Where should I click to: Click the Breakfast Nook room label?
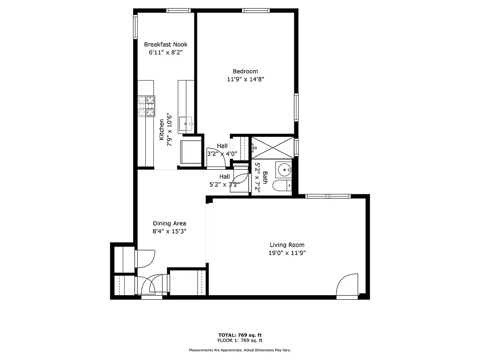tap(166, 45)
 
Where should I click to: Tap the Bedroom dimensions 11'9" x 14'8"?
tap(245, 80)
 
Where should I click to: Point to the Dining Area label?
tap(169, 223)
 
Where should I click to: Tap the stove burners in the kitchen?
tap(146, 106)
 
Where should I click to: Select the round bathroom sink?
tap(284, 170)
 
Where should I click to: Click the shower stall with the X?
tap(272, 146)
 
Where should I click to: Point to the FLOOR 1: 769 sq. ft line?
tap(240, 340)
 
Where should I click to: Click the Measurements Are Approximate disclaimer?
tap(240, 350)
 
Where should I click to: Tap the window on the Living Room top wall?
tap(328, 196)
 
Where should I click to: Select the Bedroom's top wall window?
tap(256, 10)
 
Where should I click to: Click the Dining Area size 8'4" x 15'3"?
tap(169, 231)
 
